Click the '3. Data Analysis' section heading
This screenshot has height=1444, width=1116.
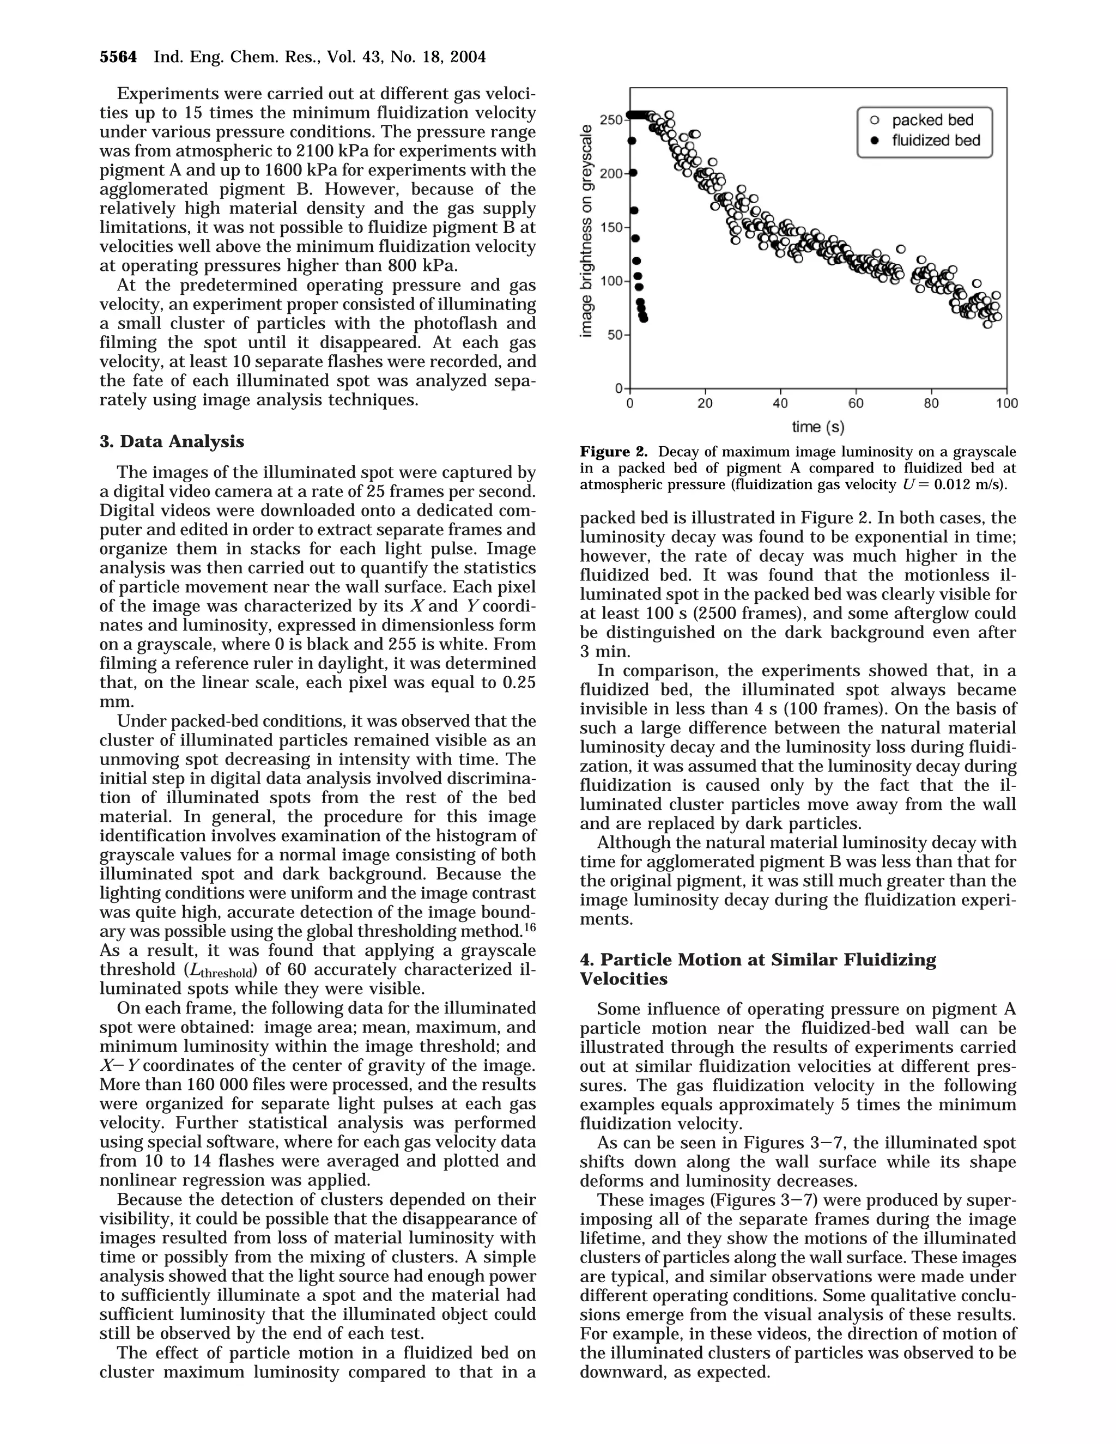(x=172, y=442)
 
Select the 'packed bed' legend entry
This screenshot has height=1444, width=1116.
(x=932, y=120)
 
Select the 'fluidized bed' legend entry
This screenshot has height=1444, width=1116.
(x=936, y=140)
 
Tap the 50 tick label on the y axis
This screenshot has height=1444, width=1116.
(x=614, y=335)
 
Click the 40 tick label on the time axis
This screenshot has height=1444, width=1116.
(x=780, y=403)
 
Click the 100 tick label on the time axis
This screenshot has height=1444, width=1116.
(x=1007, y=403)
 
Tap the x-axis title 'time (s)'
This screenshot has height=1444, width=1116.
(x=818, y=427)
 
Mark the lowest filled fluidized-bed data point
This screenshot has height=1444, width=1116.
(x=644, y=319)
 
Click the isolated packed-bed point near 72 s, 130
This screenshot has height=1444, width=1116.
(x=900, y=249)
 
